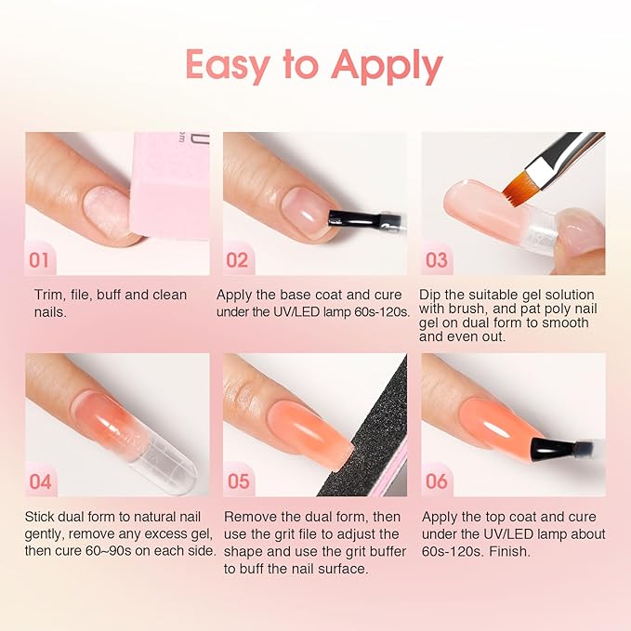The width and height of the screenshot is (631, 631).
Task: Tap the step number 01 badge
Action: pos(40,259)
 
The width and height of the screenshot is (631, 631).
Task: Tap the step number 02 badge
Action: pos(238,259)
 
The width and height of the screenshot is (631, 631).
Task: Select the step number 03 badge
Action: pos(437,259)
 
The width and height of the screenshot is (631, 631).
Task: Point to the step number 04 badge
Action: pos(40,481)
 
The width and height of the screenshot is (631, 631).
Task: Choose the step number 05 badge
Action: pos(239,481)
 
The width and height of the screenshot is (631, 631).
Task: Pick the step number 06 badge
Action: pos(437,481)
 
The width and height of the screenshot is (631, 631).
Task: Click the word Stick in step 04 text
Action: pos(43,517)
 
